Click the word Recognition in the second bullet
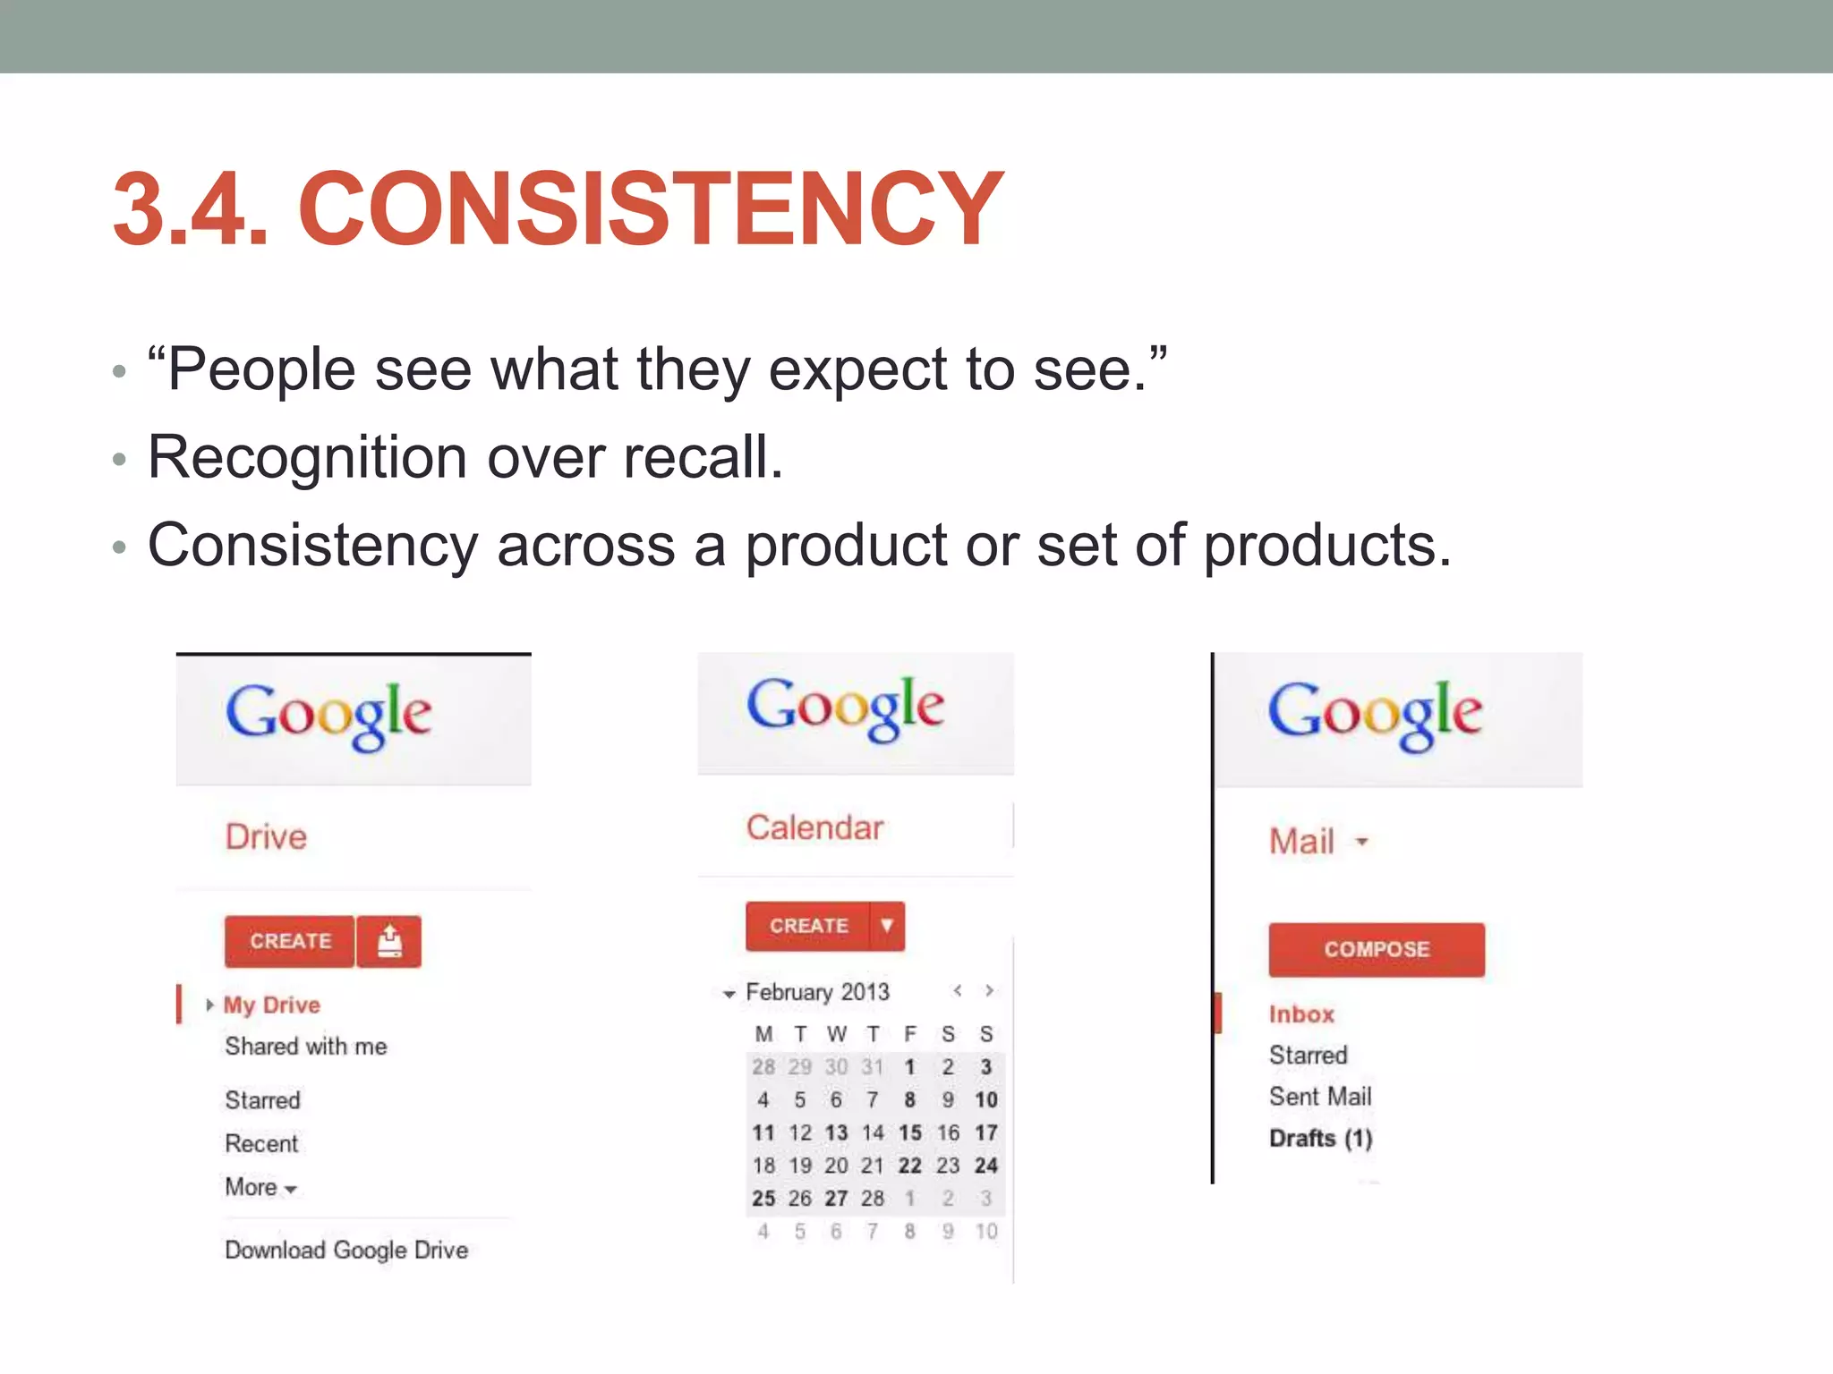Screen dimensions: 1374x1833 pos(307,457)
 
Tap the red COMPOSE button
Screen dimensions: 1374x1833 pos(1376,949)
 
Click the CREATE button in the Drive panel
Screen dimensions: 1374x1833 pos(290,941)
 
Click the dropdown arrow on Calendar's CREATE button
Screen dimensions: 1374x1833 pos(886,926)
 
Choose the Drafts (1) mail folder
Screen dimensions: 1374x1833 pos(1320,1138)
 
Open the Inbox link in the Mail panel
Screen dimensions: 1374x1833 pos(1301,1014)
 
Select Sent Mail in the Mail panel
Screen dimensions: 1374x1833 pos(1319,1097)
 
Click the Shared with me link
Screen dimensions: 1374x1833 pos(305,1047)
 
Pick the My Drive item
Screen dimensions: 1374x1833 pos(271,1005)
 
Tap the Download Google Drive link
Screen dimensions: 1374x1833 pos(346,1250)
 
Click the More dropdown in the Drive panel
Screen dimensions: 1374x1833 pos(260,1188)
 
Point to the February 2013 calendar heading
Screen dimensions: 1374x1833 pos(817,992)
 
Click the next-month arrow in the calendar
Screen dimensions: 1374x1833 pos(989,991)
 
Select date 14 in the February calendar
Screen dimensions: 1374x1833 pos(873,1133)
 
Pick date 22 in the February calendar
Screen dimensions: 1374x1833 pos(909,1166)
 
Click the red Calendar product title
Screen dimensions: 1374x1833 pos(814,828)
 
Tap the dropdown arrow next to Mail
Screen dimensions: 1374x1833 pos(1361,842)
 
